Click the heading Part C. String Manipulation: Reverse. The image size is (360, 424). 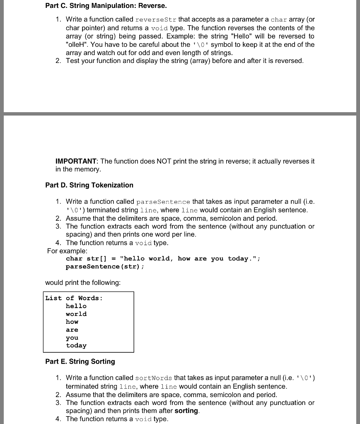(x=106, y=6)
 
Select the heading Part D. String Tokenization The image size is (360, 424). (x=89, y=185)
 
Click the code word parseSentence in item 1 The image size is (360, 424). (x=163, y=202)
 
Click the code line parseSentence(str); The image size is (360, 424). (x=105, y=266)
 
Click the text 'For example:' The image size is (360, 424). (x=67, y=251)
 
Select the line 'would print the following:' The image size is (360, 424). (x=83, y=282)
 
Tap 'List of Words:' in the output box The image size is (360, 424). (x=74, y=298)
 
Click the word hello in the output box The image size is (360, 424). (x=76, y=306)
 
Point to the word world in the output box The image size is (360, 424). (x=76, y=314)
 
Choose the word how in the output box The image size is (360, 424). (x=72, y=322)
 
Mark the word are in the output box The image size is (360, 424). (x=72, y=330)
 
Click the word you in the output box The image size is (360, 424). (x=72, y=338)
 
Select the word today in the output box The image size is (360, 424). (x=76, y=345)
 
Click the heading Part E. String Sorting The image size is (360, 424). (x=80, y=361)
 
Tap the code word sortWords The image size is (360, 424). (x=154, y=378)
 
